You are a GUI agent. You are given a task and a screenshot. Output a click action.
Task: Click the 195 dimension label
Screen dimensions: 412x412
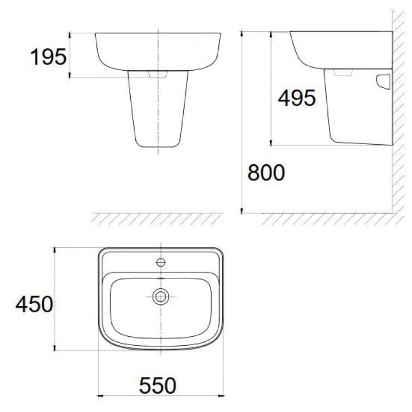(x=48, y=56)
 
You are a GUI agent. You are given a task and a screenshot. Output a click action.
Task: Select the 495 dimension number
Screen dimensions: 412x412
(x=297, y=99)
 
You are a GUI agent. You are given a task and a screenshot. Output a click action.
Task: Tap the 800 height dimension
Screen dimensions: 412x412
(x=266, y=173)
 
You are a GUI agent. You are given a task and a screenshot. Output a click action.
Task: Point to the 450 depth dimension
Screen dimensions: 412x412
(x=34, y=305)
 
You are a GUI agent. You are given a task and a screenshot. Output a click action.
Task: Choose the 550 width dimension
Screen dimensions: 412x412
(x=158, y=385)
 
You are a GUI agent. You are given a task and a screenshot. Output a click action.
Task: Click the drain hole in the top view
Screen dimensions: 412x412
(x=161, y=297)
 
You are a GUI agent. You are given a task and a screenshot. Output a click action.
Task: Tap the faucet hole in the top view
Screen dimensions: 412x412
(x=161, y=262)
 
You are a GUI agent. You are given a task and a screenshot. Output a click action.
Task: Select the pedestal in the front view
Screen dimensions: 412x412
(x=158, y=111)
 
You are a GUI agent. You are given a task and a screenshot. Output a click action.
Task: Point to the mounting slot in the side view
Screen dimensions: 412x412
(x=384, y=82)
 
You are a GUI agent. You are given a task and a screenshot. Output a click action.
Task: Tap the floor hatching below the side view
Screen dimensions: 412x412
(x=328, y=218)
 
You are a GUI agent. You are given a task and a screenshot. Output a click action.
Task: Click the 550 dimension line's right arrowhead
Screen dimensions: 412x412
(x=221, y=395)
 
